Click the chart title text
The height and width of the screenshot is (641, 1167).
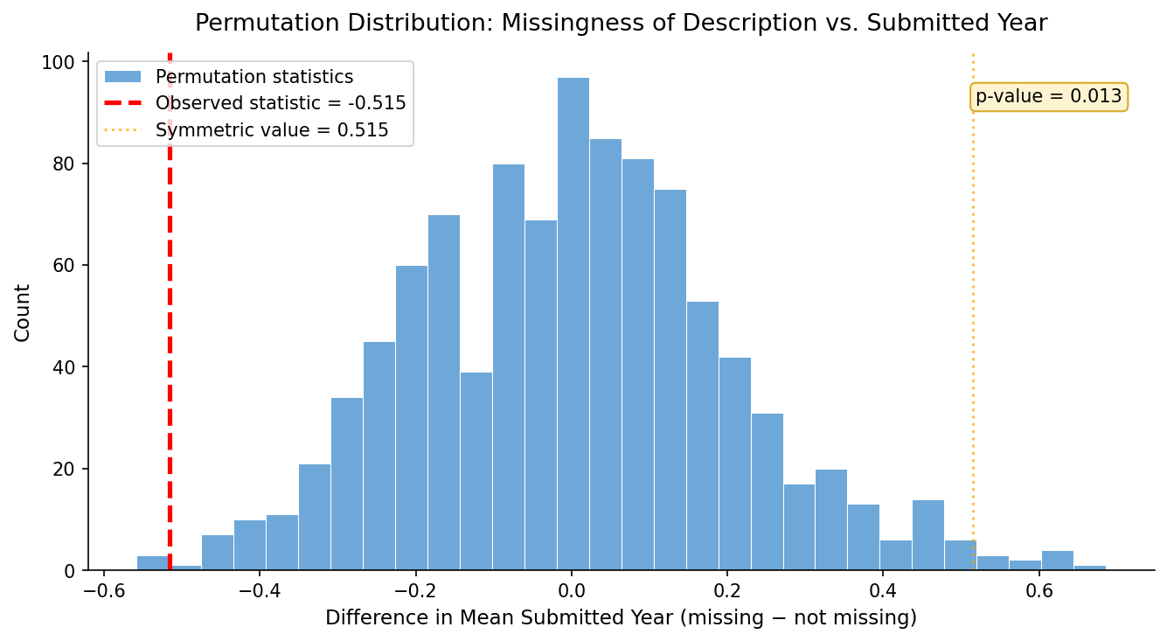pos(621,24)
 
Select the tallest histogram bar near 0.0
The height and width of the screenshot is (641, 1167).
pos(573,324)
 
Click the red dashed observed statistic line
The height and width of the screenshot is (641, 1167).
pos(170,350)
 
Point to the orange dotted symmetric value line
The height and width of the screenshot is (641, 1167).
pos(973,306)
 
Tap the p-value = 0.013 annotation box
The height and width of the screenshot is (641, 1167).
pos(1048,97)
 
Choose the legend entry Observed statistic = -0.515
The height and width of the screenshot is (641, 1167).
pos(281,103)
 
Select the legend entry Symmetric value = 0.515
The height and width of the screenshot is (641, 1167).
pos(272,131)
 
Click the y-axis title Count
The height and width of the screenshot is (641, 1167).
pos(23,312)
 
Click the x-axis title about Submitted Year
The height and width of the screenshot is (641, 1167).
pos(621,618)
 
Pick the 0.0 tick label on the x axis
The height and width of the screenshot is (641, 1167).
pos(571,589)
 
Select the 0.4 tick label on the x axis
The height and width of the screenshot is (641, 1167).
pos(883,589)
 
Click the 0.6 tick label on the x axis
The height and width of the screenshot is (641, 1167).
pos(1038,589)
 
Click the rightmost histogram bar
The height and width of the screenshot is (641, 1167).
pos(1090,568)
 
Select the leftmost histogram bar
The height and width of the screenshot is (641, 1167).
pos(152,563)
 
